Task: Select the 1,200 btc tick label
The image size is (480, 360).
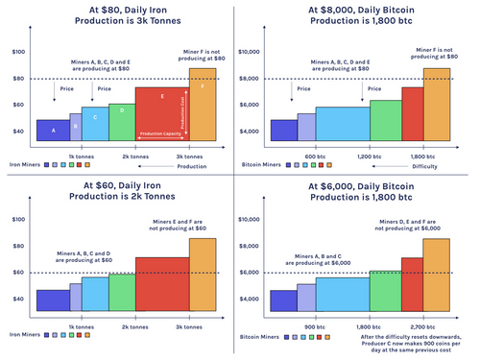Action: click(370, 156)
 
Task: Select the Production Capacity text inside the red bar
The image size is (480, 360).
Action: click(158, 133)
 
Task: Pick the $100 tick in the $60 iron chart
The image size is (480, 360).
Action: click(17, 219)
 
